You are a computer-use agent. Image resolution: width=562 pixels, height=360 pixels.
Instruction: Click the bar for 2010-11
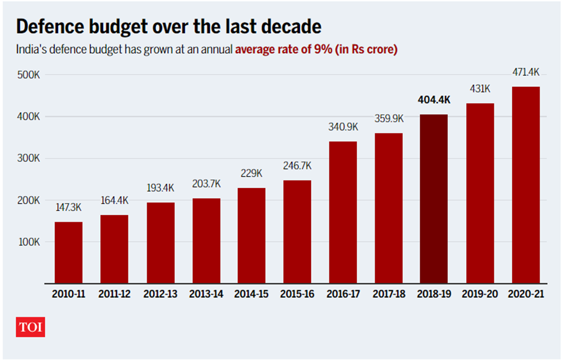coord(68,252)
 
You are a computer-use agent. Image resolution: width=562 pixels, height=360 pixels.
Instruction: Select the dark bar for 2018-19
coord(434,198)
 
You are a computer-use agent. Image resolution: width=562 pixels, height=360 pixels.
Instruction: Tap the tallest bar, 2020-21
coord(526,185)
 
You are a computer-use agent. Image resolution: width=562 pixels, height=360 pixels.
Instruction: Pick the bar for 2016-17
coord(342,212)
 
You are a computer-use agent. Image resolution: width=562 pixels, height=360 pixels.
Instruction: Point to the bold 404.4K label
coord(434,100)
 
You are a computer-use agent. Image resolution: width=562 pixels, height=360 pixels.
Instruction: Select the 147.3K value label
coord(69,207)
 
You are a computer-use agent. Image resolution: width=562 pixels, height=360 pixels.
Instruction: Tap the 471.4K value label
coord(526,72)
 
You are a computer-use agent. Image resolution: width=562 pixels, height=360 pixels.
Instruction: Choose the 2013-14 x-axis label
coord(206,294)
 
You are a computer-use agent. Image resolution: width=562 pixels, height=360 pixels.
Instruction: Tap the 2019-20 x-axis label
coord(480,294)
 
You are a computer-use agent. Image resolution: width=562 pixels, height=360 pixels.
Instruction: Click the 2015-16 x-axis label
coord(297,294)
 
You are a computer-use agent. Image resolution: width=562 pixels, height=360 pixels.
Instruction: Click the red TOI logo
coord(31,327)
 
